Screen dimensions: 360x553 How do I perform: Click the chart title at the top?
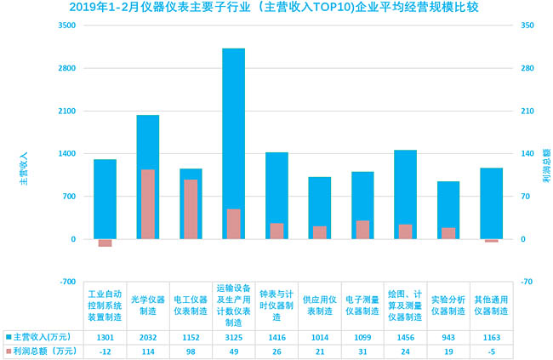coord(276,9)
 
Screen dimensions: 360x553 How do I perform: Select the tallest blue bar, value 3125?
coord(234,128)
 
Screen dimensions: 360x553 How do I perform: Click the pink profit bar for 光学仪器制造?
coord(148,204)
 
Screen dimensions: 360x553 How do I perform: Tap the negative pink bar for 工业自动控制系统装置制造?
coord(105,243)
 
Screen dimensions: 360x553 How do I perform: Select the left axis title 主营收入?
coord(25,169)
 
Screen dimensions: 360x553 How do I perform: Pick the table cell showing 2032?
coord(148,338)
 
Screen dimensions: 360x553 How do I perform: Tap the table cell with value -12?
coord(105,351)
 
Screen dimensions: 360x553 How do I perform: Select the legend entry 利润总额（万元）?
coord(42,351)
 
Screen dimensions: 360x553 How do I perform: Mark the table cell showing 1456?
coord(405,338)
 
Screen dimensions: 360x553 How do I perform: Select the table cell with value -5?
coord(491,351)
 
